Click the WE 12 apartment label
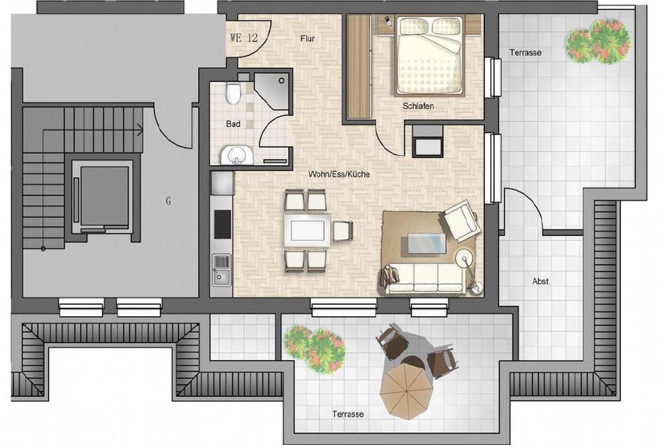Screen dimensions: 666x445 click(x=244, y=38)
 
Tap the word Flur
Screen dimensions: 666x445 click(x=308, y=39)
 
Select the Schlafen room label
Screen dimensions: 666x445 click(x=418, y=106)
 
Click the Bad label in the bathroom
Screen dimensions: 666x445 click(x=233, y=124)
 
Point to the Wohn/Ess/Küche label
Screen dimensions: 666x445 click(x=339, y=174)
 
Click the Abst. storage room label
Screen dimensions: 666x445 click(x=542, y=281)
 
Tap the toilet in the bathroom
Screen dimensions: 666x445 click(x=233, y=93)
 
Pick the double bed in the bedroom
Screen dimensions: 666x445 click(x=430, y=56)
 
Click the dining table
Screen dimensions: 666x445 click(x=307, y=231)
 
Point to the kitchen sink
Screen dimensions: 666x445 click(x=222, y=270)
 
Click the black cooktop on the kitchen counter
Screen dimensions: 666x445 click(x=222, y=225)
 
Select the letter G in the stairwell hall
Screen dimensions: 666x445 click(x=168, y=201)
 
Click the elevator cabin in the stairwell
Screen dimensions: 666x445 click(x=105, y=196)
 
